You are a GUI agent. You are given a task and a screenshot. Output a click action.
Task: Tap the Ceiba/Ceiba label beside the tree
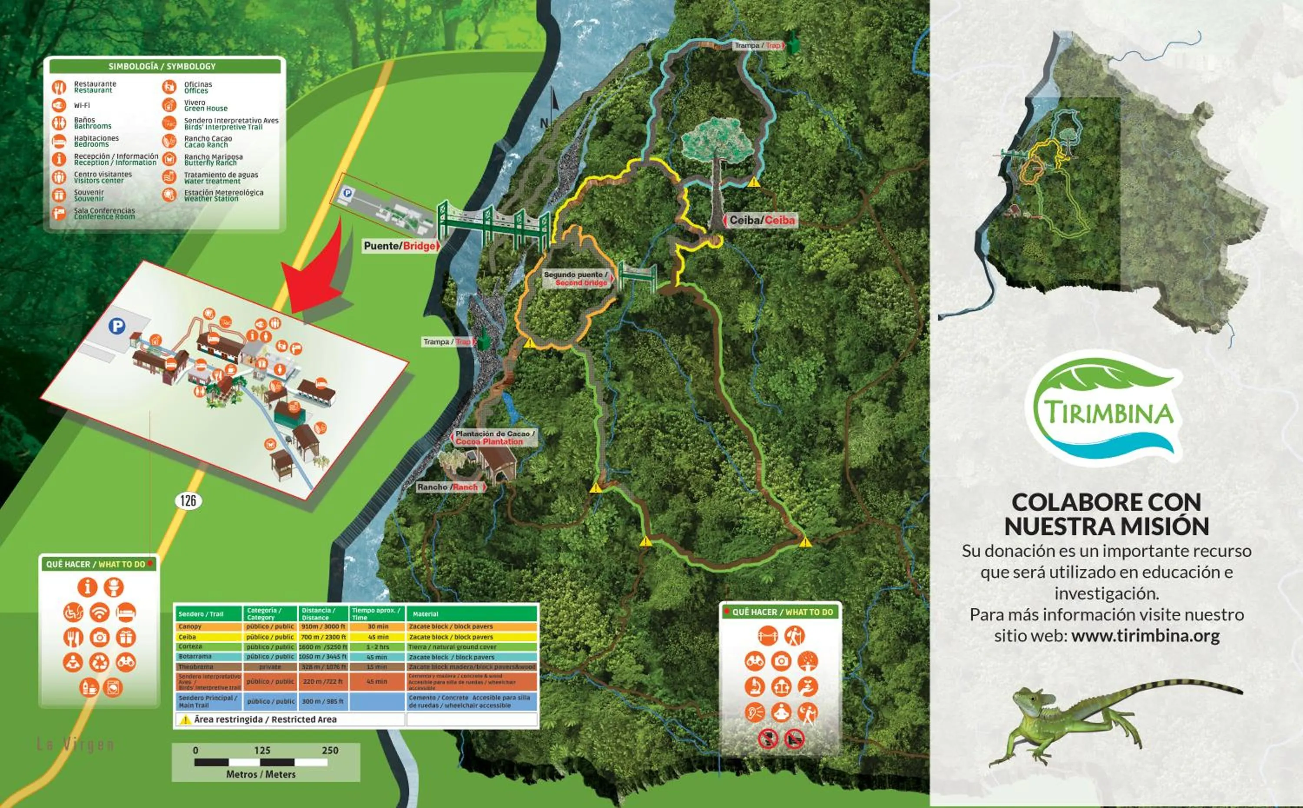point(761,220)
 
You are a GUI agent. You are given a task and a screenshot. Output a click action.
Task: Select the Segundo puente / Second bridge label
point(576,278)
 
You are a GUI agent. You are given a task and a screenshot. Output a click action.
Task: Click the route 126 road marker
point(188,501)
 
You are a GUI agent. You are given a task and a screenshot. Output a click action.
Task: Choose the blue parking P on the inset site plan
point(117,325)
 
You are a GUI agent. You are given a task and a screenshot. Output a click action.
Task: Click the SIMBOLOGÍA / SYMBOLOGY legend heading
point(162,66)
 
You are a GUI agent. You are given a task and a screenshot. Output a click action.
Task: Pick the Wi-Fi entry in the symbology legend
point(82,105)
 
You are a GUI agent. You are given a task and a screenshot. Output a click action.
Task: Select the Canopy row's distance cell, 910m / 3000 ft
point(323,626)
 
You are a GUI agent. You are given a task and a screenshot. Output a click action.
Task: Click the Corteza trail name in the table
point(190,646)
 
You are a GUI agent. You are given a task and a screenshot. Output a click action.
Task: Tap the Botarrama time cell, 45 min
point(377,657)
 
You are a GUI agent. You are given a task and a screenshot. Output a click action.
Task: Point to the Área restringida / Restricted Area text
point(265,719)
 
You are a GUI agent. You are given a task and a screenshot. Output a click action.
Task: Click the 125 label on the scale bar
point(262,750)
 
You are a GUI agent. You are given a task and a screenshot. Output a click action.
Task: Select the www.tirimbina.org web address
point(1145,636)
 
